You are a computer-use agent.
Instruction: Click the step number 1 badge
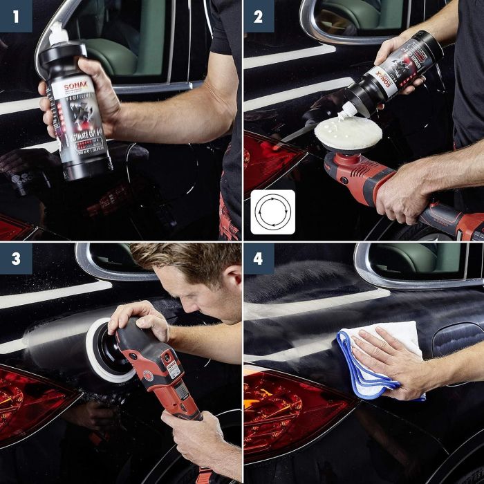tap(15, 16)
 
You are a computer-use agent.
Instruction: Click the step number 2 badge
tap(259, 16)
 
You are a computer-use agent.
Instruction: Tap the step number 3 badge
tap(15, 259)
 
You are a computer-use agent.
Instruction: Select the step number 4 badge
tap(259, 259)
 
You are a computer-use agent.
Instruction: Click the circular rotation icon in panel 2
tap(272, 212)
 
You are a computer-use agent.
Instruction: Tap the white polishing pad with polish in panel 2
tap(348, 133)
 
